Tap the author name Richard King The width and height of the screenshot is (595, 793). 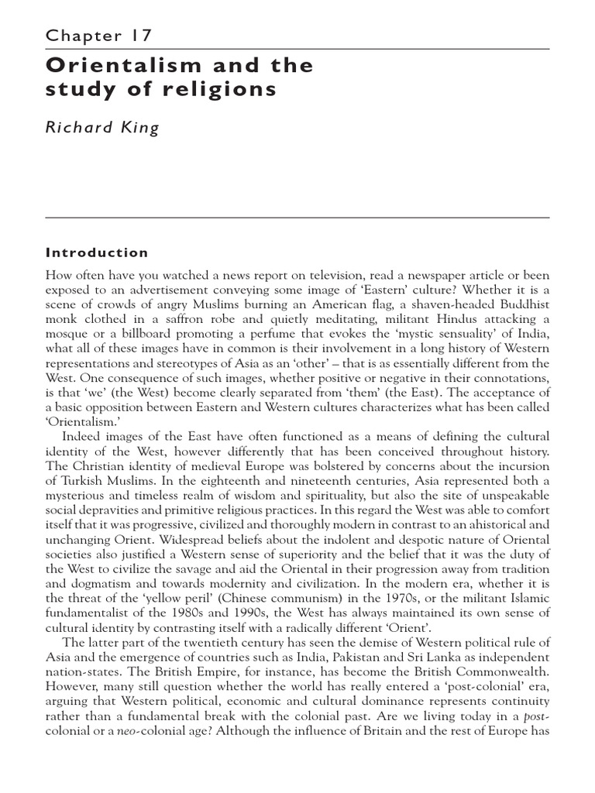click(x=103, y=129)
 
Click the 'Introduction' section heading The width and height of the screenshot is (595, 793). click(x=97, y=252)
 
